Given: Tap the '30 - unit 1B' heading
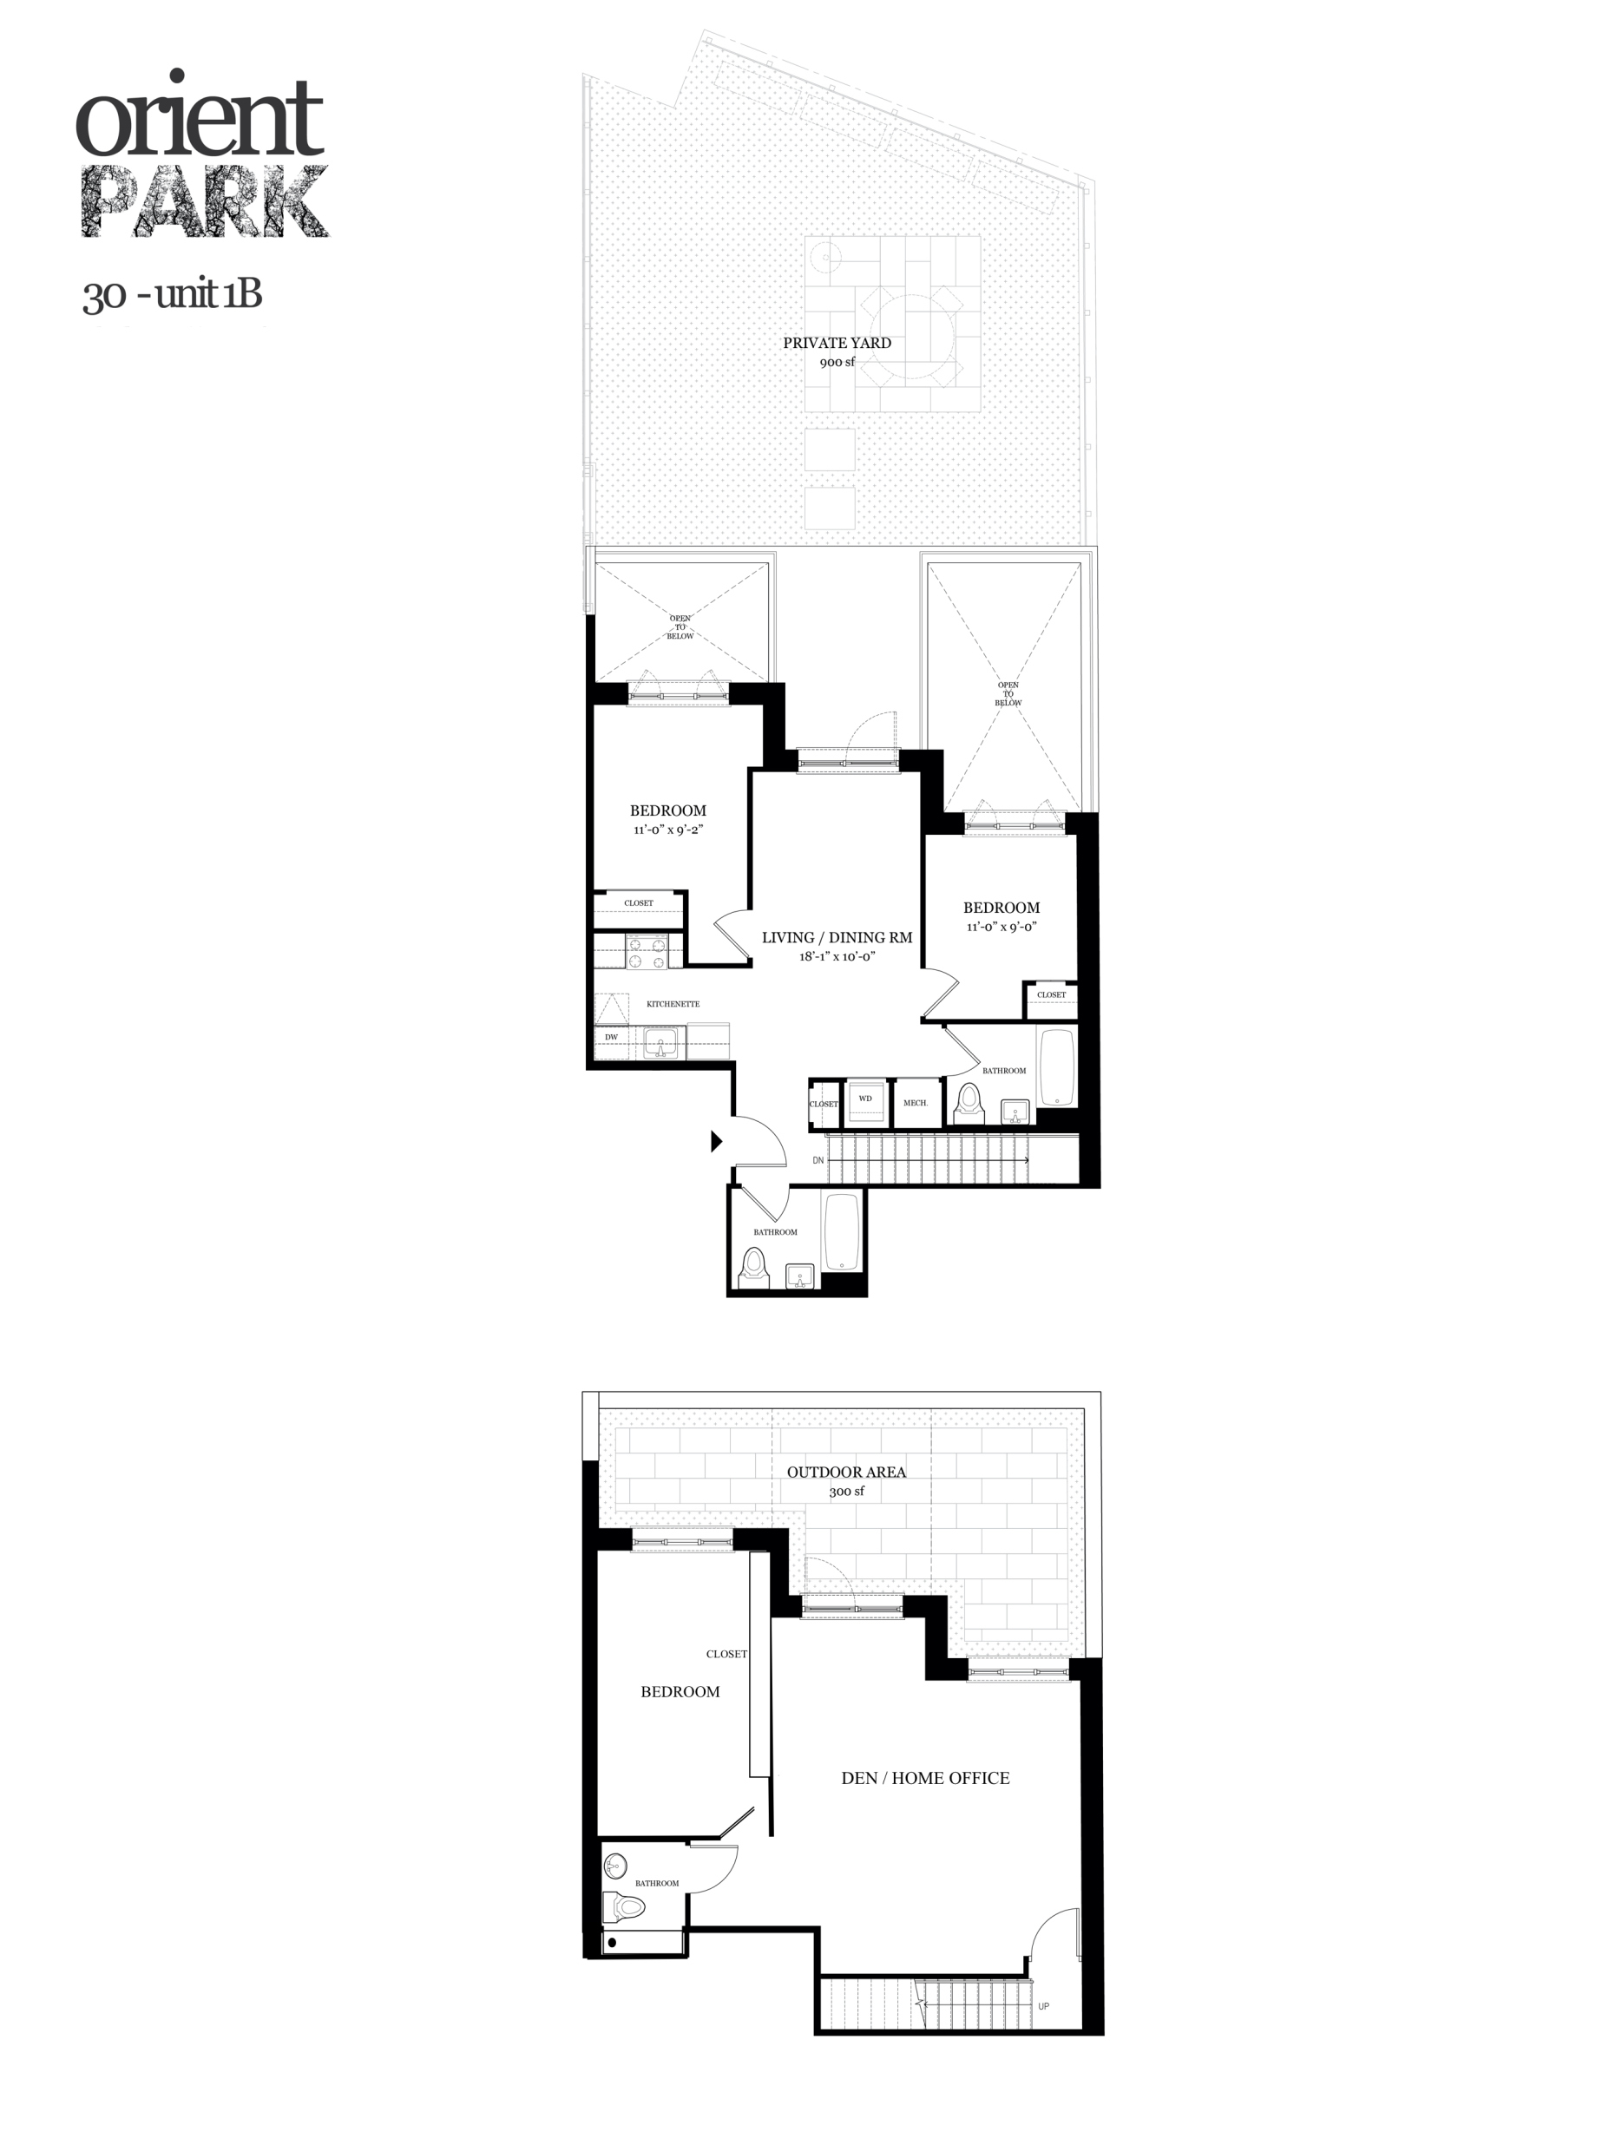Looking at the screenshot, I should tap(173, 295).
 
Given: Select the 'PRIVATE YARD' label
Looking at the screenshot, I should tap(836, 342).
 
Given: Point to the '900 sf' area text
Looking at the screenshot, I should tap(836, 363).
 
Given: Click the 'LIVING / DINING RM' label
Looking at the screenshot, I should tap(836, 938).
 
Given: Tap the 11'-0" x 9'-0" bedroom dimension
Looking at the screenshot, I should tap(1001, 927).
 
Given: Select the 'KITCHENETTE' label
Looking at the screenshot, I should tap(672, 1004).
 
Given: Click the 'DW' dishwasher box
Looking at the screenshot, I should tap(611, 1038).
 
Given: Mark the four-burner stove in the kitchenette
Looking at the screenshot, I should tap(646, 951).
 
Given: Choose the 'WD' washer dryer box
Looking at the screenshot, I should tap(865, 1099).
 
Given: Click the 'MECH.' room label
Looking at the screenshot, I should tap(915, 1104).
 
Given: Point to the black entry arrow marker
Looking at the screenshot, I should tap(717, 1141).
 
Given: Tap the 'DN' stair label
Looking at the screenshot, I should tap(818, 1161).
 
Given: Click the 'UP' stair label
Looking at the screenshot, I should tap(1042, 2006).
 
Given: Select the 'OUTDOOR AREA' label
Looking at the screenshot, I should tap(845, 1472).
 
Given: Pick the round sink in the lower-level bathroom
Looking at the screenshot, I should tap(615, 1866).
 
